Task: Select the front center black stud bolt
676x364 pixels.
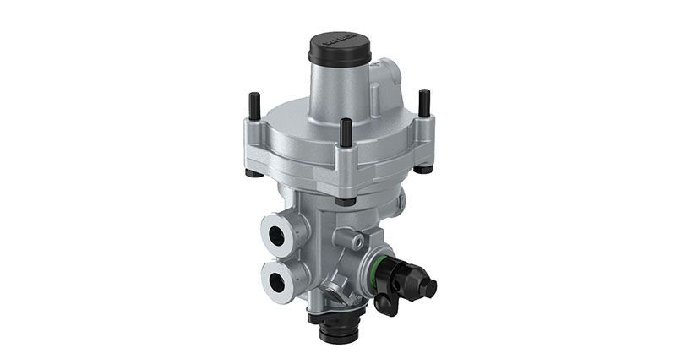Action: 346,133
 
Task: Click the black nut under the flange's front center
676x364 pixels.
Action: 344,201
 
